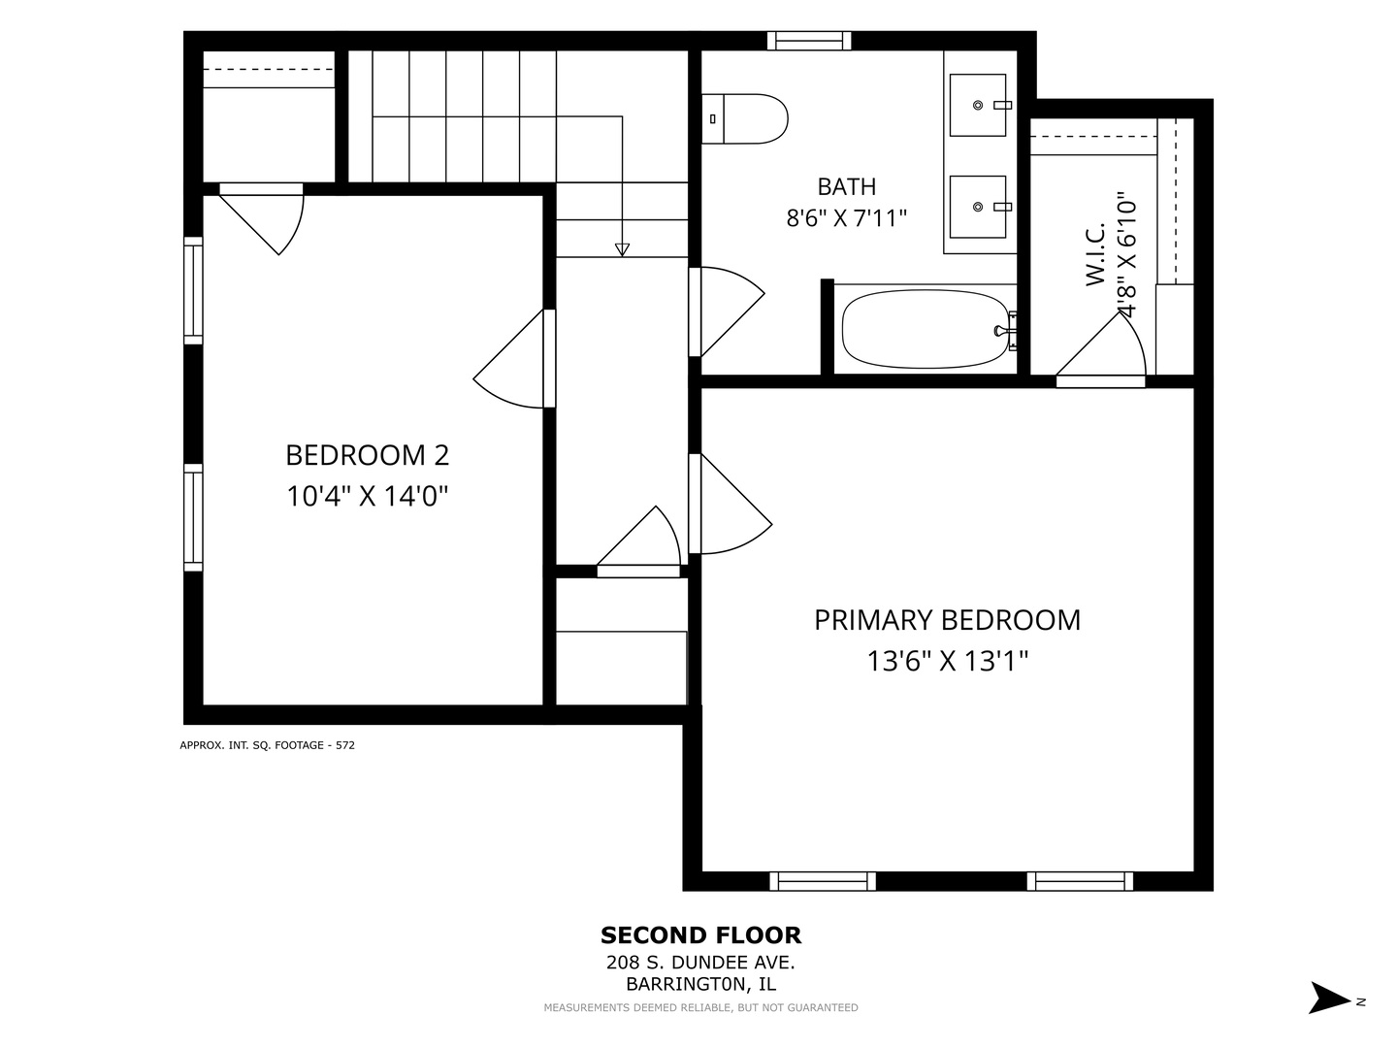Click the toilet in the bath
tap(745, 119)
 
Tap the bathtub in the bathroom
tap(926, 329)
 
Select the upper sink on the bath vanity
tap(978, 105)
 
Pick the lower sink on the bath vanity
tap(978, 207)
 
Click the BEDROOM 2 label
tap(368, 455)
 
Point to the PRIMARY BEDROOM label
tap(947, 620)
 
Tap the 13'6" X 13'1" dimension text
tap(948, 661)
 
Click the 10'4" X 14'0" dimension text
tap(368, 496)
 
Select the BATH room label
tap(847, 186)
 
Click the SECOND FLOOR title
tap(700, 935)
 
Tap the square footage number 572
tap(345, 745)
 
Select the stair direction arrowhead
tap(622, 250)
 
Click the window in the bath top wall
tap(809, 41)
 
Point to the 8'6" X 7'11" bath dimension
tap(847, 218)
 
